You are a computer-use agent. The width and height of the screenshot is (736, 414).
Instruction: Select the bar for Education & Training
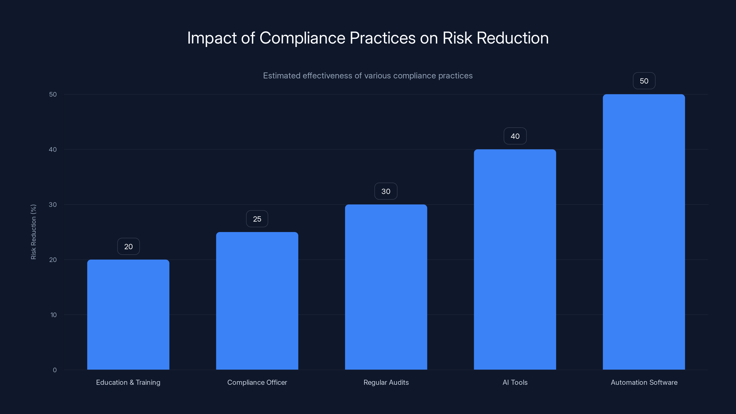pyautogui.click(x=128, y=314)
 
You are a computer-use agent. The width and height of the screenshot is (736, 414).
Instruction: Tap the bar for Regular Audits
pyautogui.click(x=386, y=287)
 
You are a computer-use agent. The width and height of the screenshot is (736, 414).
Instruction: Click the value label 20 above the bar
pyautogui.click(x=128, y=246)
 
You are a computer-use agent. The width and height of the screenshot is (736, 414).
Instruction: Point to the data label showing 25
pyautogui.click(x=257, y=219)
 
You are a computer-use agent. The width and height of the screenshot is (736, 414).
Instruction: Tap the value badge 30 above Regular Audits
pyautogui.click(x=386, y=191)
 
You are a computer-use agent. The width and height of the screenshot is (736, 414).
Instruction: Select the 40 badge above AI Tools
pyautogui.click(x=515, y=136)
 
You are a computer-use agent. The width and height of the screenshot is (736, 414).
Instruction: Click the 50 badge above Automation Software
pyautogui.click(x=644, y=81)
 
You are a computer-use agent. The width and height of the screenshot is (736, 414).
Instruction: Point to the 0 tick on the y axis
pyautogui.click(x=55, y=370)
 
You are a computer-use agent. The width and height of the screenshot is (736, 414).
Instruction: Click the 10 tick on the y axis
pyautogui.click(x=53, y=315)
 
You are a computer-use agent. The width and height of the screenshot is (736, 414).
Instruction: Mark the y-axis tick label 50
pyautogui.click(x=53, y=94)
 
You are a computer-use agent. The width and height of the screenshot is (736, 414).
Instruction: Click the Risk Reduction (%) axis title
pyautogui.click(x=33, y=232)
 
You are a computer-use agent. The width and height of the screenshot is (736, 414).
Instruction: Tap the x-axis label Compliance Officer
pyautogui.click(x=257, y=382)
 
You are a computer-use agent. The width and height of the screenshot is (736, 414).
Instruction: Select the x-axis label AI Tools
pyautogui.click(x=515, y=382)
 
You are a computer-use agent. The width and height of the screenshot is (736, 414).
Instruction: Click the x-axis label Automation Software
pyautogui.click(x=644, y=382)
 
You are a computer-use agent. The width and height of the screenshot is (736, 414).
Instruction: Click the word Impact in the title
pyautogui.click(x=212, y=38)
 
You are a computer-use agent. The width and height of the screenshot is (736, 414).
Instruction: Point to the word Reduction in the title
pyautogui.click(x=513, y=38)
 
